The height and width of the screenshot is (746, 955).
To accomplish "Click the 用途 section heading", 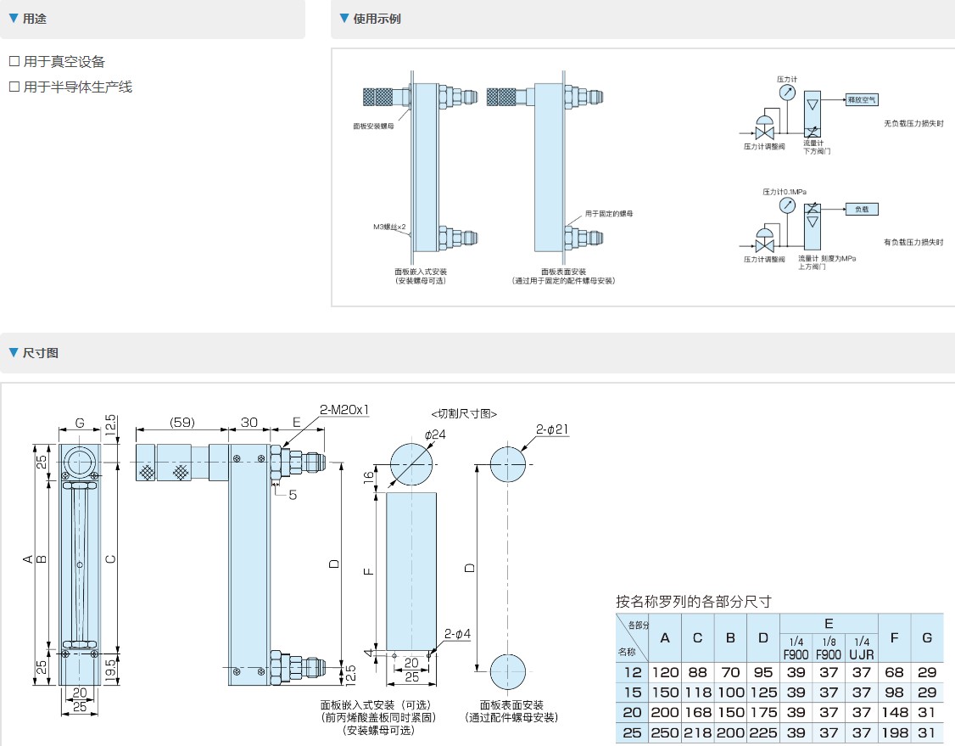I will [x=35, y=18].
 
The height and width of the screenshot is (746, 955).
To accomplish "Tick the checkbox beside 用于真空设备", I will [x=14, y=62].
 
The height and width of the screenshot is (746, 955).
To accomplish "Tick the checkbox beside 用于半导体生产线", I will [x=14, y=87].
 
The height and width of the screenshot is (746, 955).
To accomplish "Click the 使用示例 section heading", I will [x=377, y=18].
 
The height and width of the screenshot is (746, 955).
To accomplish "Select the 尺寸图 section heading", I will [x=41, y=352].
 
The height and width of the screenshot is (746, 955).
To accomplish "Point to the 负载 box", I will [x=862, y=208].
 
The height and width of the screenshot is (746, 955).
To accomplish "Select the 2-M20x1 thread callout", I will [x=344, y=410].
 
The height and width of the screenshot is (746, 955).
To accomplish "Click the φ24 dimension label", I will [x=434, y=435].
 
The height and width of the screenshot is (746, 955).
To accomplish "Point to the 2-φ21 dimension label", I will [x=552, y=429].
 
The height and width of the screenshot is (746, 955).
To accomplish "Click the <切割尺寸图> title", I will [x=464, y=413].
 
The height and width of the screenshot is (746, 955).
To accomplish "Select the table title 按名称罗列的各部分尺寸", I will [x=693, y=602].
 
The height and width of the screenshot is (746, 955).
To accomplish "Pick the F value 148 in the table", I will [x=894, y=713].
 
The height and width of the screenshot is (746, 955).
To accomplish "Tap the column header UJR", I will [x=861, y=654].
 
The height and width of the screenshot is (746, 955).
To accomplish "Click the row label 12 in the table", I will [x=632, y=671].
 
